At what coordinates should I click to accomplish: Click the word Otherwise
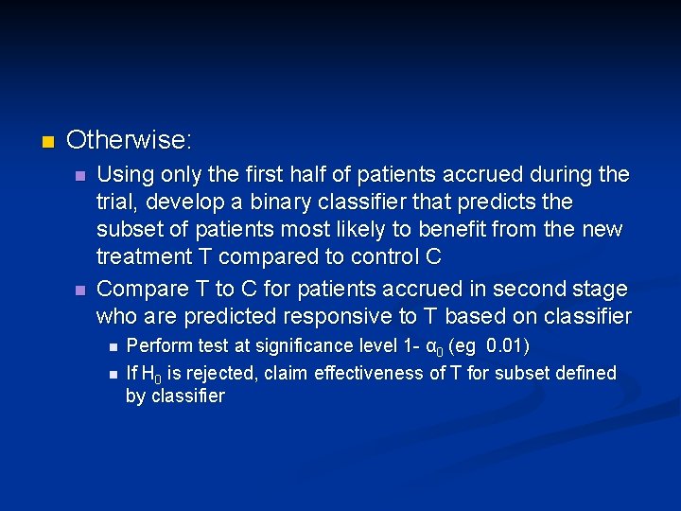coord(128,141)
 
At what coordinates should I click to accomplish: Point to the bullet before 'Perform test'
coord(112,346)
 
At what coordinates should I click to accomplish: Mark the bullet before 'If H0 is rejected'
coord(112,375)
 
